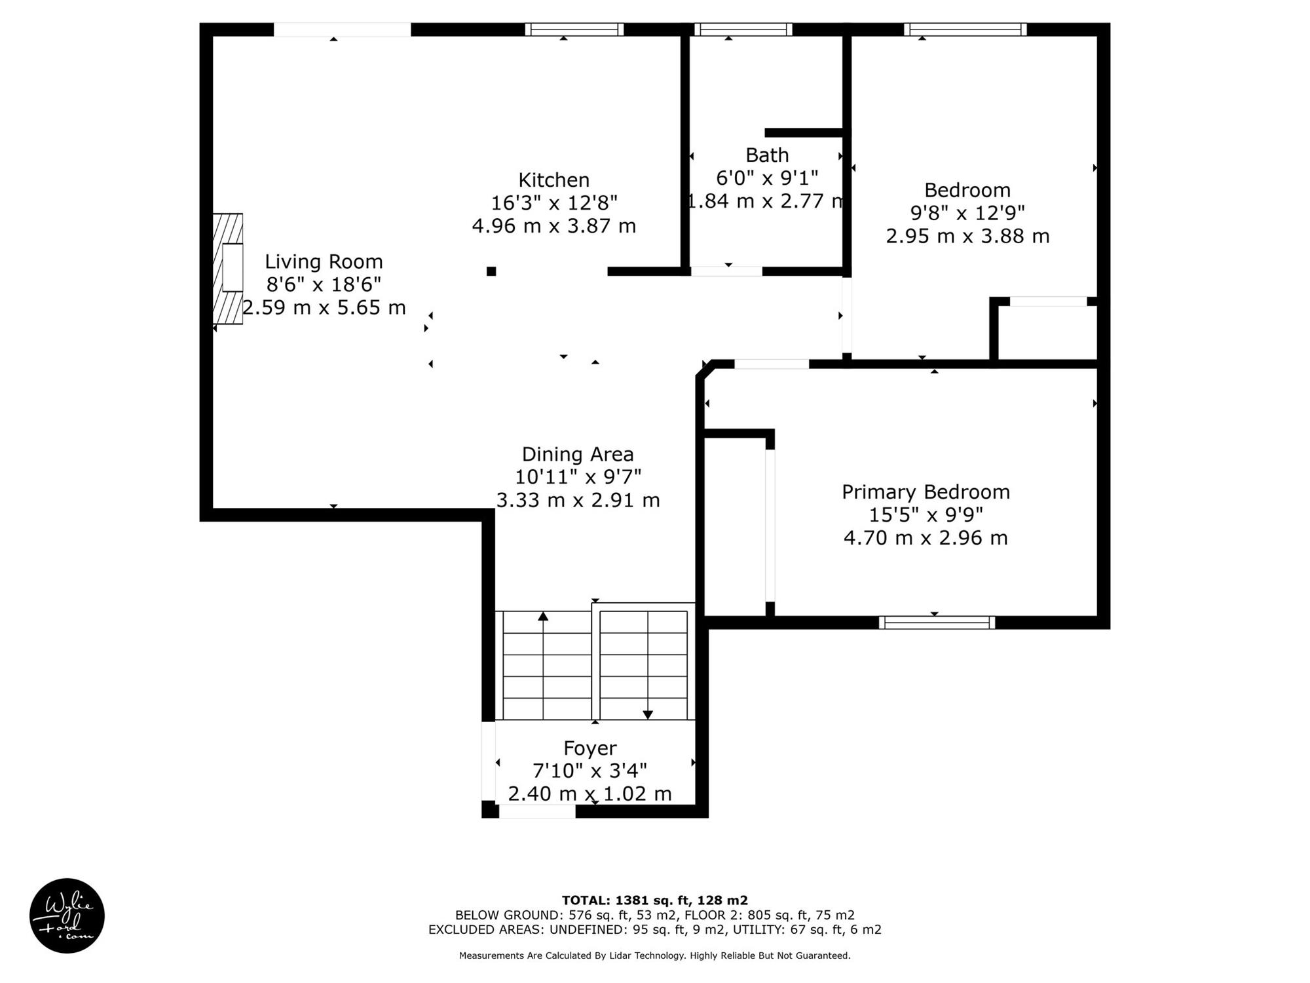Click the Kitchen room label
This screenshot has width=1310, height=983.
[553, 180]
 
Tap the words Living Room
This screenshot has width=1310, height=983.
[324, 262]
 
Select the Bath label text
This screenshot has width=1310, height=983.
[767, 155]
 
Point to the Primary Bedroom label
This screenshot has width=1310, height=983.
[926, 492]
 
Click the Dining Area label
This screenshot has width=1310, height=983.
[578, 455]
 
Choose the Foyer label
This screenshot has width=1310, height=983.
[590, 748]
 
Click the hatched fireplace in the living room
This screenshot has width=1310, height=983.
[228, 269]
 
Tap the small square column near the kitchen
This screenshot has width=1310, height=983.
[491, 271]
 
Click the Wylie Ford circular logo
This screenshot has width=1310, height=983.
[67, 916]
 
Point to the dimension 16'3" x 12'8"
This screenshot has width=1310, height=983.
[554, 203]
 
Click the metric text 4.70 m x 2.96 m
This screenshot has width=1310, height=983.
[926, 538]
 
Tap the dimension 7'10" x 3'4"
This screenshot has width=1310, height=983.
[590, 771]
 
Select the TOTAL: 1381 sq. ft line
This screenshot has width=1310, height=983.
[655, 900]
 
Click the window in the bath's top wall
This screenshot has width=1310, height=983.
[743, 29]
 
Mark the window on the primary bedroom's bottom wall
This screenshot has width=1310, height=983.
[937, 623]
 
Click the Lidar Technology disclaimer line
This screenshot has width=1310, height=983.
[655, 955]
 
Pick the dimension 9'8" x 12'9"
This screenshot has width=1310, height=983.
[967, 213]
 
